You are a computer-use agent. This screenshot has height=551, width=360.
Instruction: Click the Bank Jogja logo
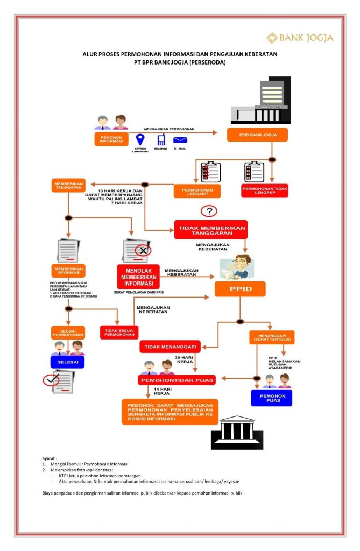(300, 37)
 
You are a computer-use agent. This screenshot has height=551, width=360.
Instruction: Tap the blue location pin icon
(140, 140)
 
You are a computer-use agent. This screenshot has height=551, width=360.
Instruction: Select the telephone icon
(160, 140)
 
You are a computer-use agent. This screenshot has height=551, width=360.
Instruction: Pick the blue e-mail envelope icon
(180, 140)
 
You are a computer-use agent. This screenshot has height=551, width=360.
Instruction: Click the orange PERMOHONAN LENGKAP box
(197, 192)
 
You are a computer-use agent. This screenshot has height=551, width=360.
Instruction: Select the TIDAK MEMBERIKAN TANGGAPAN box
(211, 229)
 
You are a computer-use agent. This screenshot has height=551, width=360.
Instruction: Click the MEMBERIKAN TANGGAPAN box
(68, 186)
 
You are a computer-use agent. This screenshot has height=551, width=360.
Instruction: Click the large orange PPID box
(240, 289)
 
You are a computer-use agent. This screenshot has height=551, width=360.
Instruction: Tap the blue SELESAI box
(67, 362)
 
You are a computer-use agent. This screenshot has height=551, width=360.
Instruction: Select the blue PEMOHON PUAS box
(271, 398)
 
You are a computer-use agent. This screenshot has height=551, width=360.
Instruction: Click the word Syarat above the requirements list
(50, 458)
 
